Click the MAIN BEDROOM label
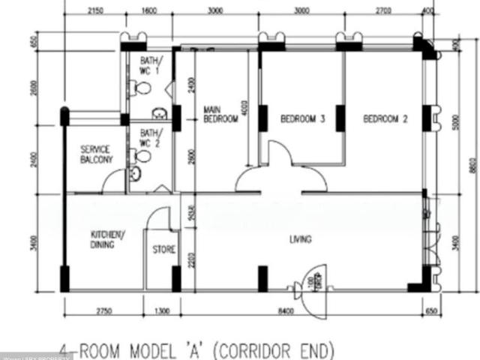coord(220,114)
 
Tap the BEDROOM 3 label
coord(302,118)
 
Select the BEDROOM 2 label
coord(385,118)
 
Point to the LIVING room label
coord(301,240)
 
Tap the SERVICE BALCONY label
coord(96,154)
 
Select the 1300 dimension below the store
coord(161,310)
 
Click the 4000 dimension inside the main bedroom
coord(243,110)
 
